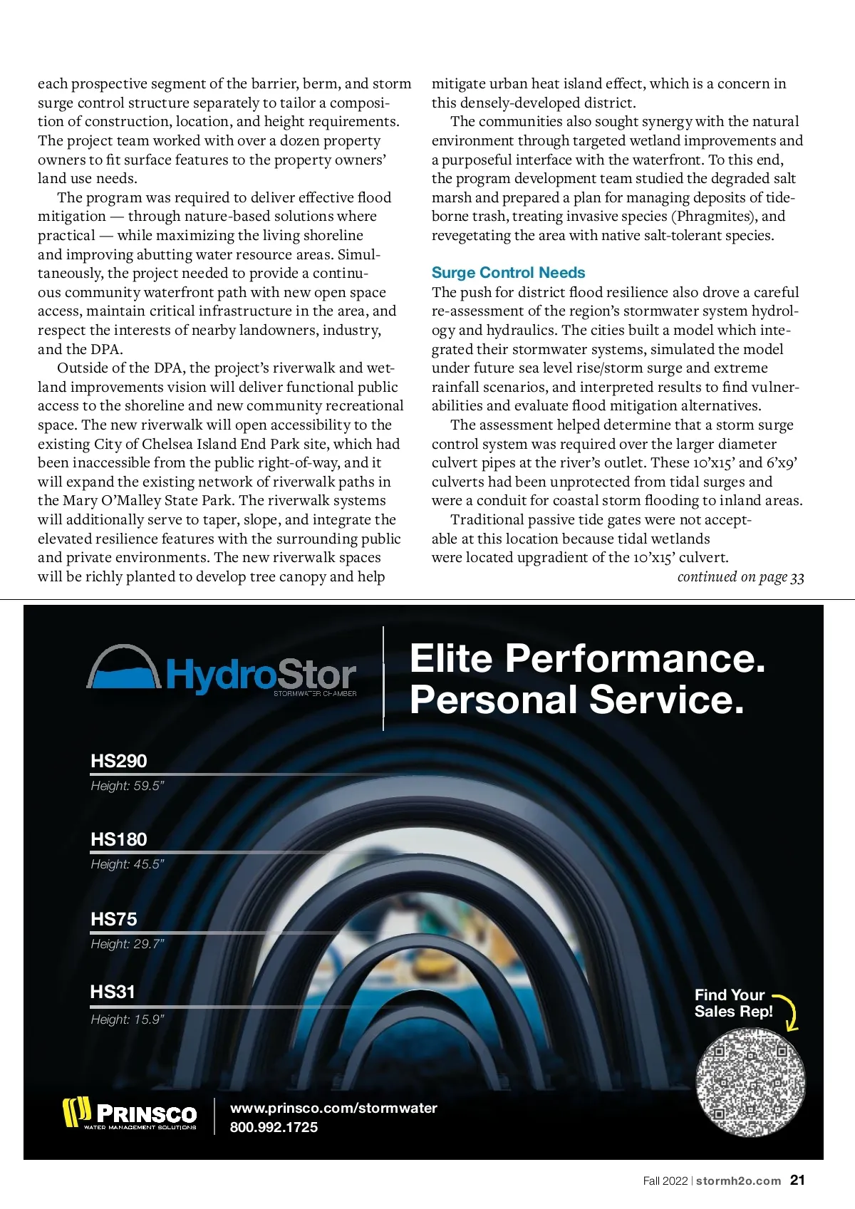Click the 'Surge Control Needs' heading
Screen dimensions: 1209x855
coord(508,273)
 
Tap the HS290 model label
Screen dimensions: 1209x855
coord(119,761)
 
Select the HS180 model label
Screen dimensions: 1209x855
coord(119,839)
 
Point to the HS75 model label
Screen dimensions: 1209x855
coord(114,919)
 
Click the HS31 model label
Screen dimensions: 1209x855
coord(113,992)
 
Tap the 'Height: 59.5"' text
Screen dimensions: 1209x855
coord(128,786)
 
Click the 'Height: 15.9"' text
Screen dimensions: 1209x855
coord(128,1019)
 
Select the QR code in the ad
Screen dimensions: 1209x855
coord(750,1083)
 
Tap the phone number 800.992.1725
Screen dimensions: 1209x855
coord(274,1127)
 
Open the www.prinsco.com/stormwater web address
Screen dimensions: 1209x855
coord(333,1108)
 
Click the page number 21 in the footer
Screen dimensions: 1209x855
coord(797,1181)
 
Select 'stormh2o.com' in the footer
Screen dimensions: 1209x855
coord(738,1181)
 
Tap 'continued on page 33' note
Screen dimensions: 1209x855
coord(740,577)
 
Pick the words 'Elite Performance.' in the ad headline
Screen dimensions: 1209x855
coord(587,658)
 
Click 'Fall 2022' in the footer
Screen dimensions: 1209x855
coord(665,1181)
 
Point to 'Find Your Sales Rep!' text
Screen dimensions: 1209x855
coord(732,1003)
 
